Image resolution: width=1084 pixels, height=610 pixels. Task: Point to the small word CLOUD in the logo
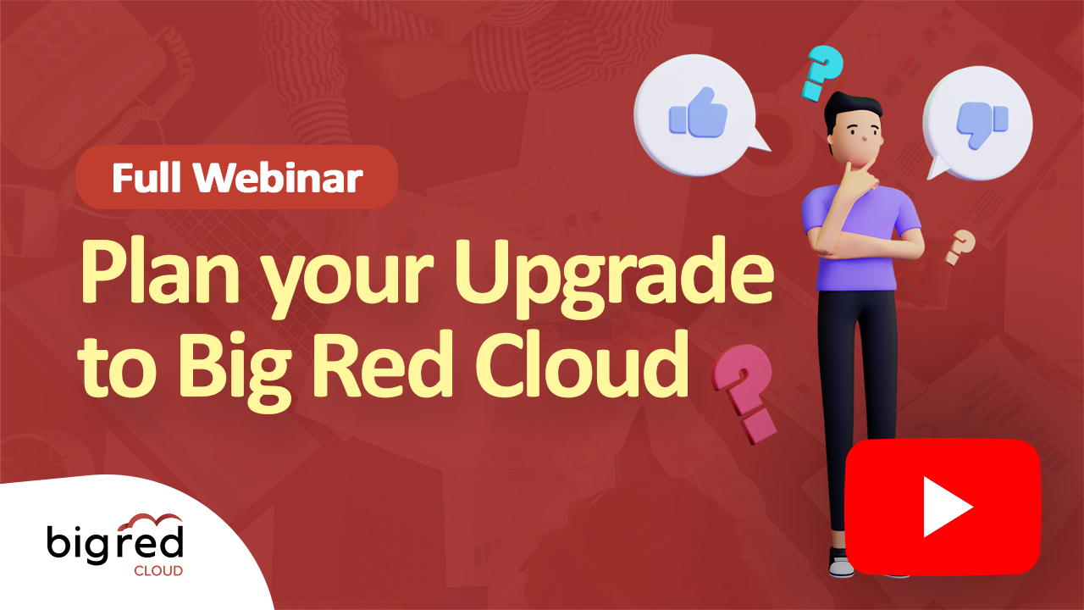[158, 571]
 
